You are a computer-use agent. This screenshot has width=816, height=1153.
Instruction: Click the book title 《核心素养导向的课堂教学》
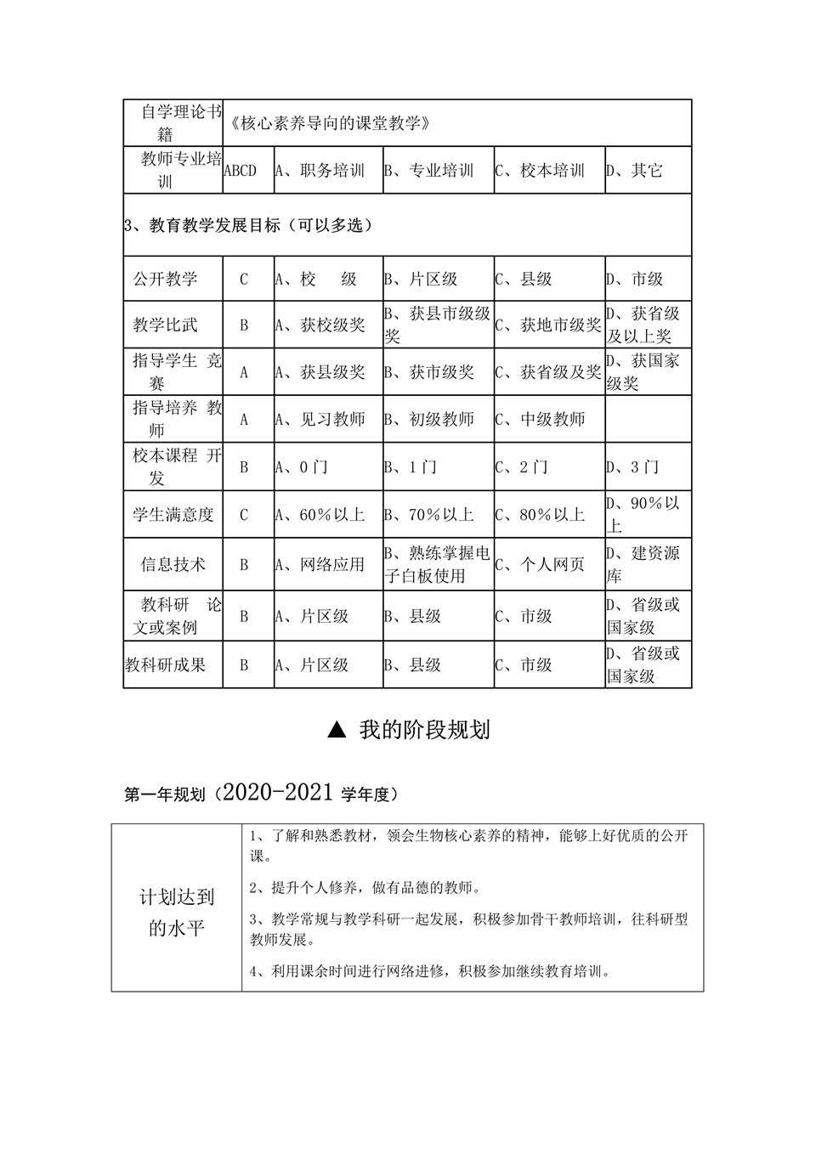(x=330, y=123)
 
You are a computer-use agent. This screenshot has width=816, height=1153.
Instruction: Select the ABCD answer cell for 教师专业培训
(x=240, y=171)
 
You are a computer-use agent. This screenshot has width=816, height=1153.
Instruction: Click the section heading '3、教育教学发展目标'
(x=248, y=225)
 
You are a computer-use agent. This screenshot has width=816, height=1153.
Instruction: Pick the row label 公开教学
(x=165, y=279)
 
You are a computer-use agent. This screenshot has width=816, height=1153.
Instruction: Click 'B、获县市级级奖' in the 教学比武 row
(x=437, y=325)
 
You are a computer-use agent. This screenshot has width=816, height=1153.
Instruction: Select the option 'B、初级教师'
(x=428, y=419)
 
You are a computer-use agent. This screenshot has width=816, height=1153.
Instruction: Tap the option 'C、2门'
(x=522, y=466)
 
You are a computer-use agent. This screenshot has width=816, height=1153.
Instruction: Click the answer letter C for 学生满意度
(x=244, y=514)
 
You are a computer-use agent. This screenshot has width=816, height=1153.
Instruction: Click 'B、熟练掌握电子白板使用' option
(x=437, y=564)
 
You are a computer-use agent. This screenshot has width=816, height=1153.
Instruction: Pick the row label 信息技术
(x=173, y=564)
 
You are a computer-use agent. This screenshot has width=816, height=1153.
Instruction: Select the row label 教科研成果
(x=165, y=664)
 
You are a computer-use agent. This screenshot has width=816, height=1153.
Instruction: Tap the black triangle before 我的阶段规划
(x=337, y=730)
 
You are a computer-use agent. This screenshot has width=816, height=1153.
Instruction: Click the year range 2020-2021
(x=280, y=793)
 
